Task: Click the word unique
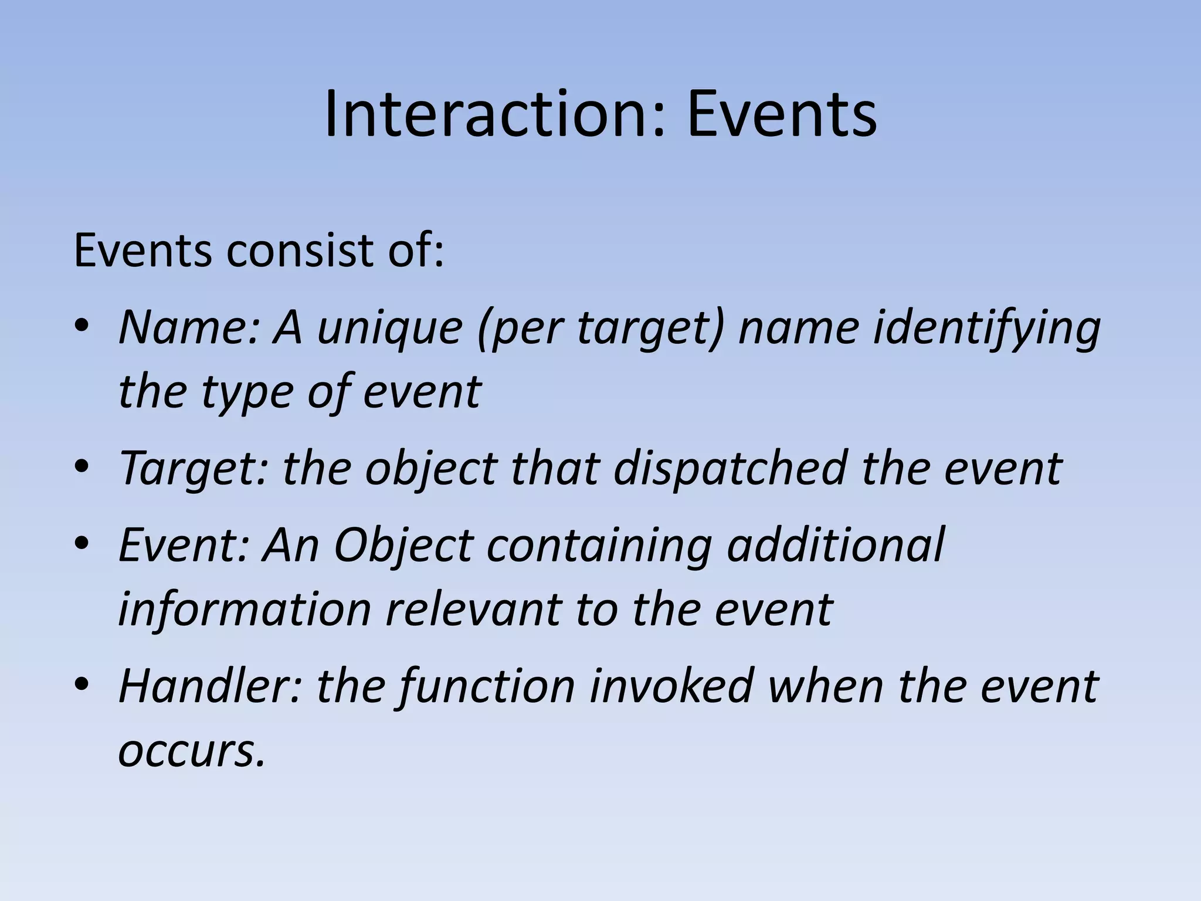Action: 390,327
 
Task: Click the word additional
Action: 836,544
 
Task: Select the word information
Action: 245,609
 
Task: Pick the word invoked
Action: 671,685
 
